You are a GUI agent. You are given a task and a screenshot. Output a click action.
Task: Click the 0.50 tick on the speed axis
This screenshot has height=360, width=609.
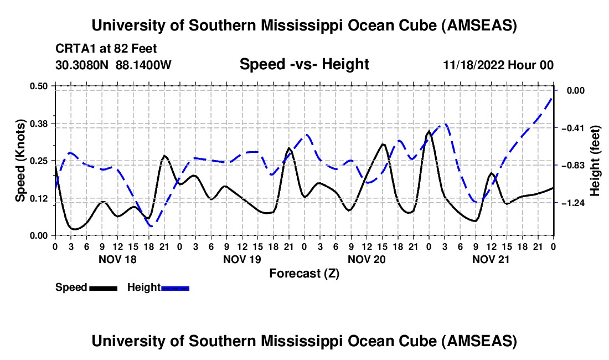pos(38,86)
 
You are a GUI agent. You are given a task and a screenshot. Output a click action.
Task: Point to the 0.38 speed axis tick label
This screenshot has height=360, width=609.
pos(38,124)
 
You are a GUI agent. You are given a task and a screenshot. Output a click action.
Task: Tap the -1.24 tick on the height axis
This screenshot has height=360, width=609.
pos(575,203)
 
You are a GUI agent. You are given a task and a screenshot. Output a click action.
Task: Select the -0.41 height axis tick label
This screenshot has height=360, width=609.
pos(575,128)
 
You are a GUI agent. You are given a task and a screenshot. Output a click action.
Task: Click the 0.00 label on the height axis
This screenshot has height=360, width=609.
pos(576,90)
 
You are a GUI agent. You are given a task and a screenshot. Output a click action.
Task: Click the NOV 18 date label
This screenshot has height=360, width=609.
pos(118,259)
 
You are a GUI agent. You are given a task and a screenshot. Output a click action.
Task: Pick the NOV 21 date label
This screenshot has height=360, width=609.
pos(491,259)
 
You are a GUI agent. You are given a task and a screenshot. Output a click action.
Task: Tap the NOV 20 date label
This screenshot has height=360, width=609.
pos(367,259)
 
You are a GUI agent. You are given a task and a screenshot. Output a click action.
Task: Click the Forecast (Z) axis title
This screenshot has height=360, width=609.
pos(304,274)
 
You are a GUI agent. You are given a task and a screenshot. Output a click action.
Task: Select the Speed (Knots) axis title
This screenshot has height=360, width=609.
pos(20,161)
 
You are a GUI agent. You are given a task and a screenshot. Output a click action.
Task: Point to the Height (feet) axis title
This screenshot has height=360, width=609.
pos(595,161)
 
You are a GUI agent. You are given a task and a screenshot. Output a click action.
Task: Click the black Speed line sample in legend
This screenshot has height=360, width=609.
pos(104,288)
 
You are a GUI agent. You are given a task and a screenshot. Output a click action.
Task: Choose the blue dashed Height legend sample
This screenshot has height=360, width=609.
pos(175,288)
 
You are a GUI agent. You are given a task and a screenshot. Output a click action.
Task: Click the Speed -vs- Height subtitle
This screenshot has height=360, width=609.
pos(304,64)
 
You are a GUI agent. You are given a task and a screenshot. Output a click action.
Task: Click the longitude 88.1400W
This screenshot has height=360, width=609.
pos(143,65)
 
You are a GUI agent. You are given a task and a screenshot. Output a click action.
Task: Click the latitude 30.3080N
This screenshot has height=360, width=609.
pos(82,65)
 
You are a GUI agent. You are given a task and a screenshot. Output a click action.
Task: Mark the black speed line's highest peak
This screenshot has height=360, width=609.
pos(429,131)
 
